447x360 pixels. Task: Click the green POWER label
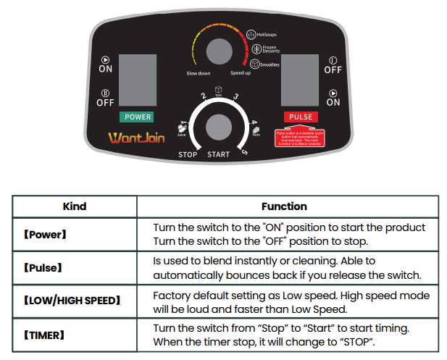tap(137, 117)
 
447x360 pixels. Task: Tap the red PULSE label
tap(301, 117)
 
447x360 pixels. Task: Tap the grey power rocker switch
tap(137, 80)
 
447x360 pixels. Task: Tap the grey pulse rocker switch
tap(301, 80)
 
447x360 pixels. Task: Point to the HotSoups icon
tap(251, 33)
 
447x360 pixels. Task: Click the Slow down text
tap(199, 74)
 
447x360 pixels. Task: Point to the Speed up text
tap(241, 74)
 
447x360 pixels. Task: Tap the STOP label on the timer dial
tap(188, 155)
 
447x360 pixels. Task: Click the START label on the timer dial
tap(218, 155)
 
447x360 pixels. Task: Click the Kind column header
tap(75, 206)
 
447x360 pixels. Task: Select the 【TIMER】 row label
tap(43, 335)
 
